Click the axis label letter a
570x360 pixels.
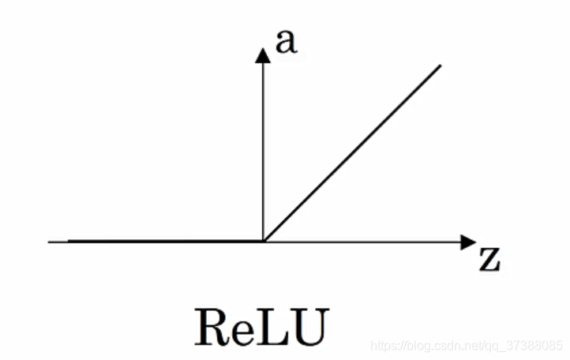click(287, 42)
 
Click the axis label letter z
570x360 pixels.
click(489, 260)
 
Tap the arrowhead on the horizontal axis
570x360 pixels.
click(468, 242)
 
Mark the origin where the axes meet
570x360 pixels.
click(263, 242)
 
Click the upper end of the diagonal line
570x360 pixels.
click(439, 65)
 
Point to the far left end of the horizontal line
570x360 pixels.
click(50, 242)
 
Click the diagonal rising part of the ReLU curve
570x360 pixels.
click(351, 153)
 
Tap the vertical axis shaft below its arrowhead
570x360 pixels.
click(263, 150)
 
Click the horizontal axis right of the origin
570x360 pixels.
click(363, 242)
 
